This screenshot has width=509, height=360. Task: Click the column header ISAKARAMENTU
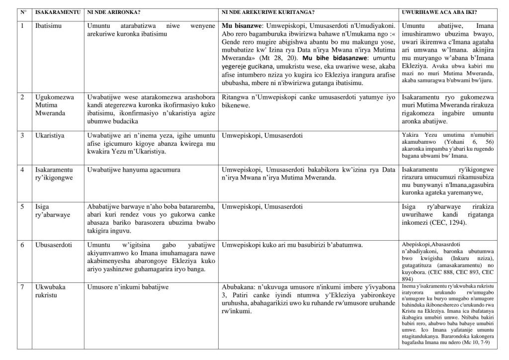click(57, 12)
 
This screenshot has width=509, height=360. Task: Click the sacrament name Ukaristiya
click(49, 136)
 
